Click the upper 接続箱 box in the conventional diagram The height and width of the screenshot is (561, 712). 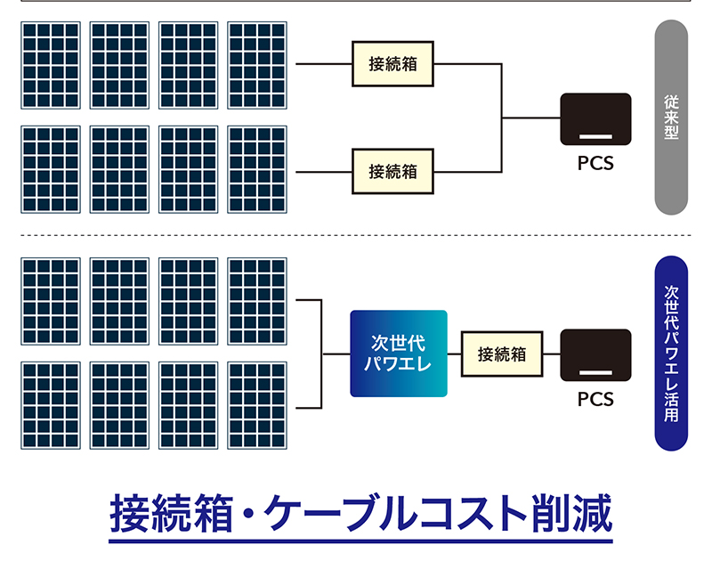pyautogui.click(x=392, y=64)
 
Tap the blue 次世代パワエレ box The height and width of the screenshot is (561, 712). pyautogui.click(x=398, y=354)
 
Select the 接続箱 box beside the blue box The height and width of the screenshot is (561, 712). pyautogui.click(x=502, y=354)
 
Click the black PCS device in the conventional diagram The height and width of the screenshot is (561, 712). pyautogui.click(x=595, y=119)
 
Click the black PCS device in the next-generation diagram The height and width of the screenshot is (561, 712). pyautogui.click(x=595, y=356)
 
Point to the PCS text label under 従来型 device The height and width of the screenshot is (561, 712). pyautogui.click(x=595, y=164)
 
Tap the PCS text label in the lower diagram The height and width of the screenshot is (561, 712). pyautogui.click(x=595, y=399)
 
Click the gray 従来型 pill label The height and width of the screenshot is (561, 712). pyautogui.click(x=672, y=118)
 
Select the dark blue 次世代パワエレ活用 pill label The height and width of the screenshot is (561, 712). pyautogui.click(x=672, y=354)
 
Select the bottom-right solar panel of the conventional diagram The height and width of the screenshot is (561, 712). pyautogui.click(x=257, y=169)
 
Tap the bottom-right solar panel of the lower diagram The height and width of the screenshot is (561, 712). pyautogui.click(x=257, y=405)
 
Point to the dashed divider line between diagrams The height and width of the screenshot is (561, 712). pyautogui.click(x=356, y=235)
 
